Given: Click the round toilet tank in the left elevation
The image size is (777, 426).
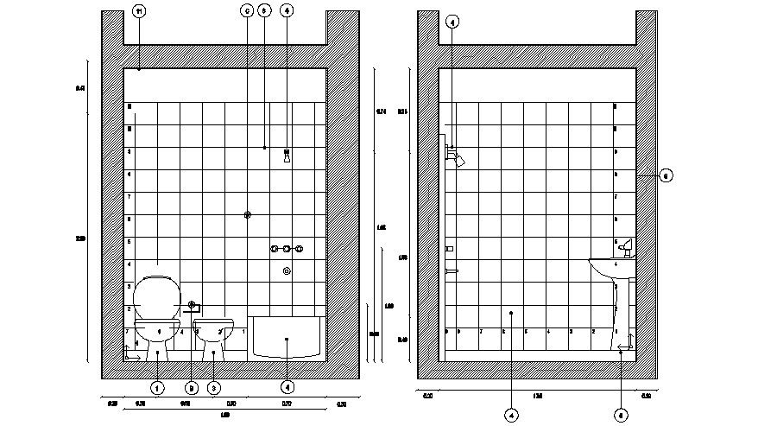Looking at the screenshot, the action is [156, 296].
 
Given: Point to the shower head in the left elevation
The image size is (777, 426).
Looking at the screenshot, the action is [286, 156].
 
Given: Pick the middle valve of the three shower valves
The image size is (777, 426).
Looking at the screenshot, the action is [286, 250].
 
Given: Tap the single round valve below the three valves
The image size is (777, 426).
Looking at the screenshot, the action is [287, 271].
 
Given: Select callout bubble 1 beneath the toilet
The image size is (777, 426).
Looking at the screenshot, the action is [157, 389].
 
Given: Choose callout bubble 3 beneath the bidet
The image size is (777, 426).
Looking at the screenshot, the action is [213, 389].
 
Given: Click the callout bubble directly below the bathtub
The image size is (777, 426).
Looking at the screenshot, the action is [287, 389].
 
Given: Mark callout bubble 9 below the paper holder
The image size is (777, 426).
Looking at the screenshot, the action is [192, 389].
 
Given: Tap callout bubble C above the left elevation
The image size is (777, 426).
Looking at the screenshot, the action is [246, 11].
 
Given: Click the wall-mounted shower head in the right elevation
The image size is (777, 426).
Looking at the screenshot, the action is [457, 157].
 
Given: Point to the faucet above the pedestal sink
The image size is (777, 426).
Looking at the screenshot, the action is [626, 248].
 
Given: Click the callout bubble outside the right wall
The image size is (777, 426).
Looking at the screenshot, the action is [666, 176].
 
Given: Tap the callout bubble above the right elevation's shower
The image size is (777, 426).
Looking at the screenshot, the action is [453, 21].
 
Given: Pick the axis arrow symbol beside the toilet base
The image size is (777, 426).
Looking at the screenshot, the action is [130, 353].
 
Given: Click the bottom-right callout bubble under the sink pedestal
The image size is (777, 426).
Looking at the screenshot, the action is [621, 414].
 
